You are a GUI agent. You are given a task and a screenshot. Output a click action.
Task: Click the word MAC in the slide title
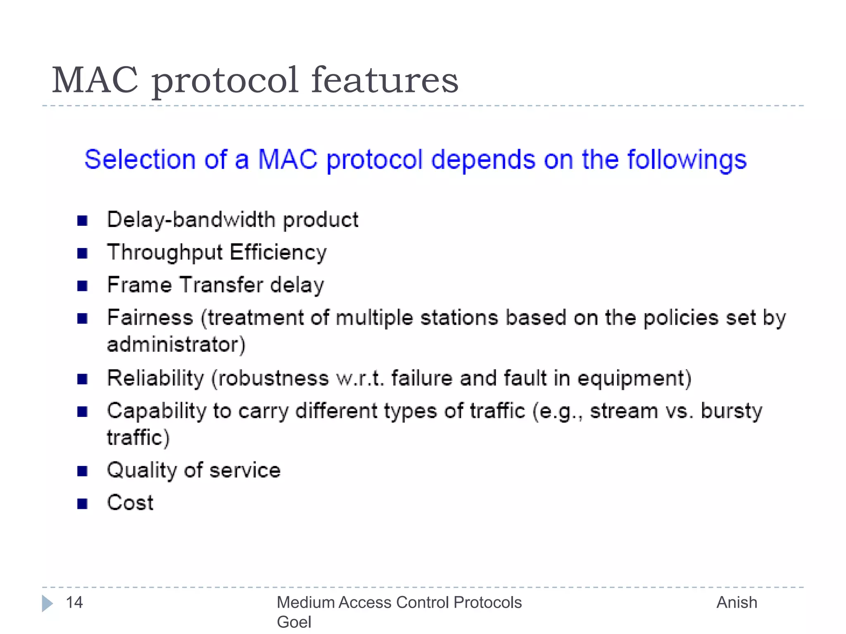point(95,80)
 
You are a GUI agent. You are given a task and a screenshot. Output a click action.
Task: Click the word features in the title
point(385,80)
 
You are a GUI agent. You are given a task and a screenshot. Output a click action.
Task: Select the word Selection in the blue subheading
point(140,160)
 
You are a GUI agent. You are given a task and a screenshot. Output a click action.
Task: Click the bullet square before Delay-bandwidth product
point(82,221)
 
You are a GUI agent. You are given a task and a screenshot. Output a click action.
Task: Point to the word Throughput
point(165,252)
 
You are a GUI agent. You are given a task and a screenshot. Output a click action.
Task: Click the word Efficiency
point(278,252)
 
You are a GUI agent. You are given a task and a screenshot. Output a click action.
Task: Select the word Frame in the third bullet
point(139,285)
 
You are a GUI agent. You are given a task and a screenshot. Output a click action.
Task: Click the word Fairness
point(150,318)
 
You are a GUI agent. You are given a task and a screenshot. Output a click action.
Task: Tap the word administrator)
point(176,344)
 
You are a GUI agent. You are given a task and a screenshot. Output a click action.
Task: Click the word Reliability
point(155,378)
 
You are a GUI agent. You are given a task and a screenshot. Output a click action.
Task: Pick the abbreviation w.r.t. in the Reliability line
point(360,378)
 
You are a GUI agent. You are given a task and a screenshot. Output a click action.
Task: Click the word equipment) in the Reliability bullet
point(634,378)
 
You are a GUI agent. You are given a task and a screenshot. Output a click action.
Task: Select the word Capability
point(157,411)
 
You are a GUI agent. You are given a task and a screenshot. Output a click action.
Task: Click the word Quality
point(142,470)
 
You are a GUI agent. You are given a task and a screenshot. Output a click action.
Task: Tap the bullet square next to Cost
point(82,504)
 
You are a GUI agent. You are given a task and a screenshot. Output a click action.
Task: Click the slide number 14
point(74,603)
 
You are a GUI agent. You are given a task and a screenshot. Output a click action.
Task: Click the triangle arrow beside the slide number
point(47,603)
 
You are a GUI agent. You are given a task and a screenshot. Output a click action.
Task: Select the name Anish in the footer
point(737,603)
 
